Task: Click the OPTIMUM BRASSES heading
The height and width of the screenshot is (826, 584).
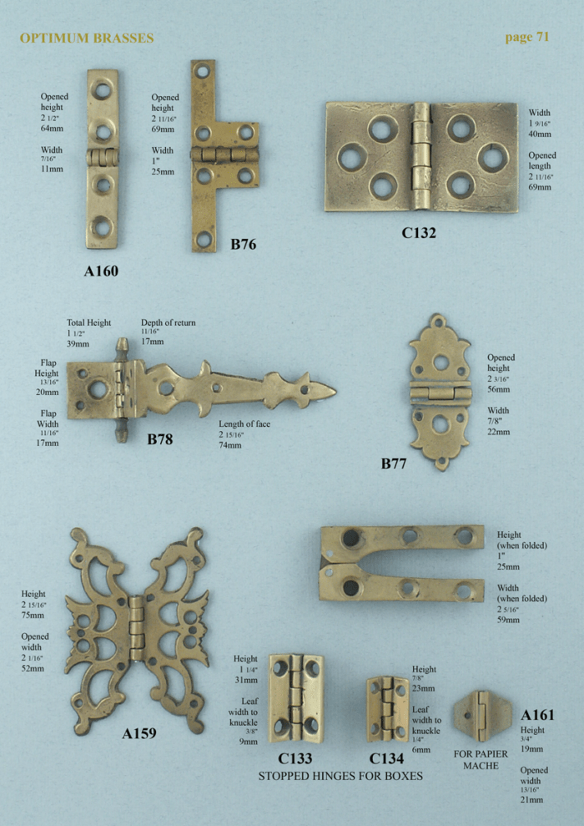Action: point(87,38)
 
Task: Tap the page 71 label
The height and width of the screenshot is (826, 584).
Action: point(527,38)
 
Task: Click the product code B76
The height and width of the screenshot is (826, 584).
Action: point(243,245)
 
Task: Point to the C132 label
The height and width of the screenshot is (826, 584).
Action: point(419,233)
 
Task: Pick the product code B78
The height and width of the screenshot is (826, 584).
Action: point(160,438)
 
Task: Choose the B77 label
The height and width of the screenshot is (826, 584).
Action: point(394,464)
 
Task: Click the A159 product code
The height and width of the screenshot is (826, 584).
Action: point(139,734)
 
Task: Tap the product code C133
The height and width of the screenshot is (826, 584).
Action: point(295,758)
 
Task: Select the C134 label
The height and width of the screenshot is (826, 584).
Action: point(386,758)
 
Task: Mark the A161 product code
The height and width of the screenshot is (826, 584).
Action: point(537,715)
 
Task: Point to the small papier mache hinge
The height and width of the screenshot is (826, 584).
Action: point(481,715)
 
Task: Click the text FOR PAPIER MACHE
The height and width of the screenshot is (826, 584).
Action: point(481,760)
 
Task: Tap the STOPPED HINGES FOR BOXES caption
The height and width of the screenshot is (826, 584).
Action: point(340,776)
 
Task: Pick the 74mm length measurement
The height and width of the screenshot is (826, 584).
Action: point(229,445)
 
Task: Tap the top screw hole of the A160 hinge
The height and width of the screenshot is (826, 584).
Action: point(102,89)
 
